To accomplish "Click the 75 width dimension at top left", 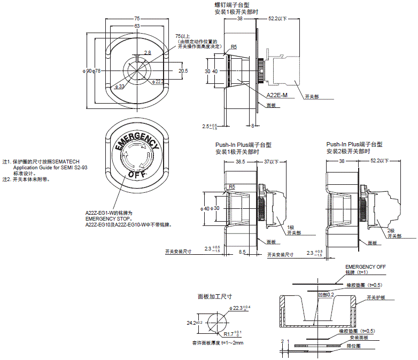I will point(137,18).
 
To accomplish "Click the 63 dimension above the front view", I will point(137,26).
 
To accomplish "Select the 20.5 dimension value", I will point(183,71).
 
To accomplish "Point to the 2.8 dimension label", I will point(148,52).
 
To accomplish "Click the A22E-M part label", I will point(277,95).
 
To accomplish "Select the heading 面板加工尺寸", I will point(214,296).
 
